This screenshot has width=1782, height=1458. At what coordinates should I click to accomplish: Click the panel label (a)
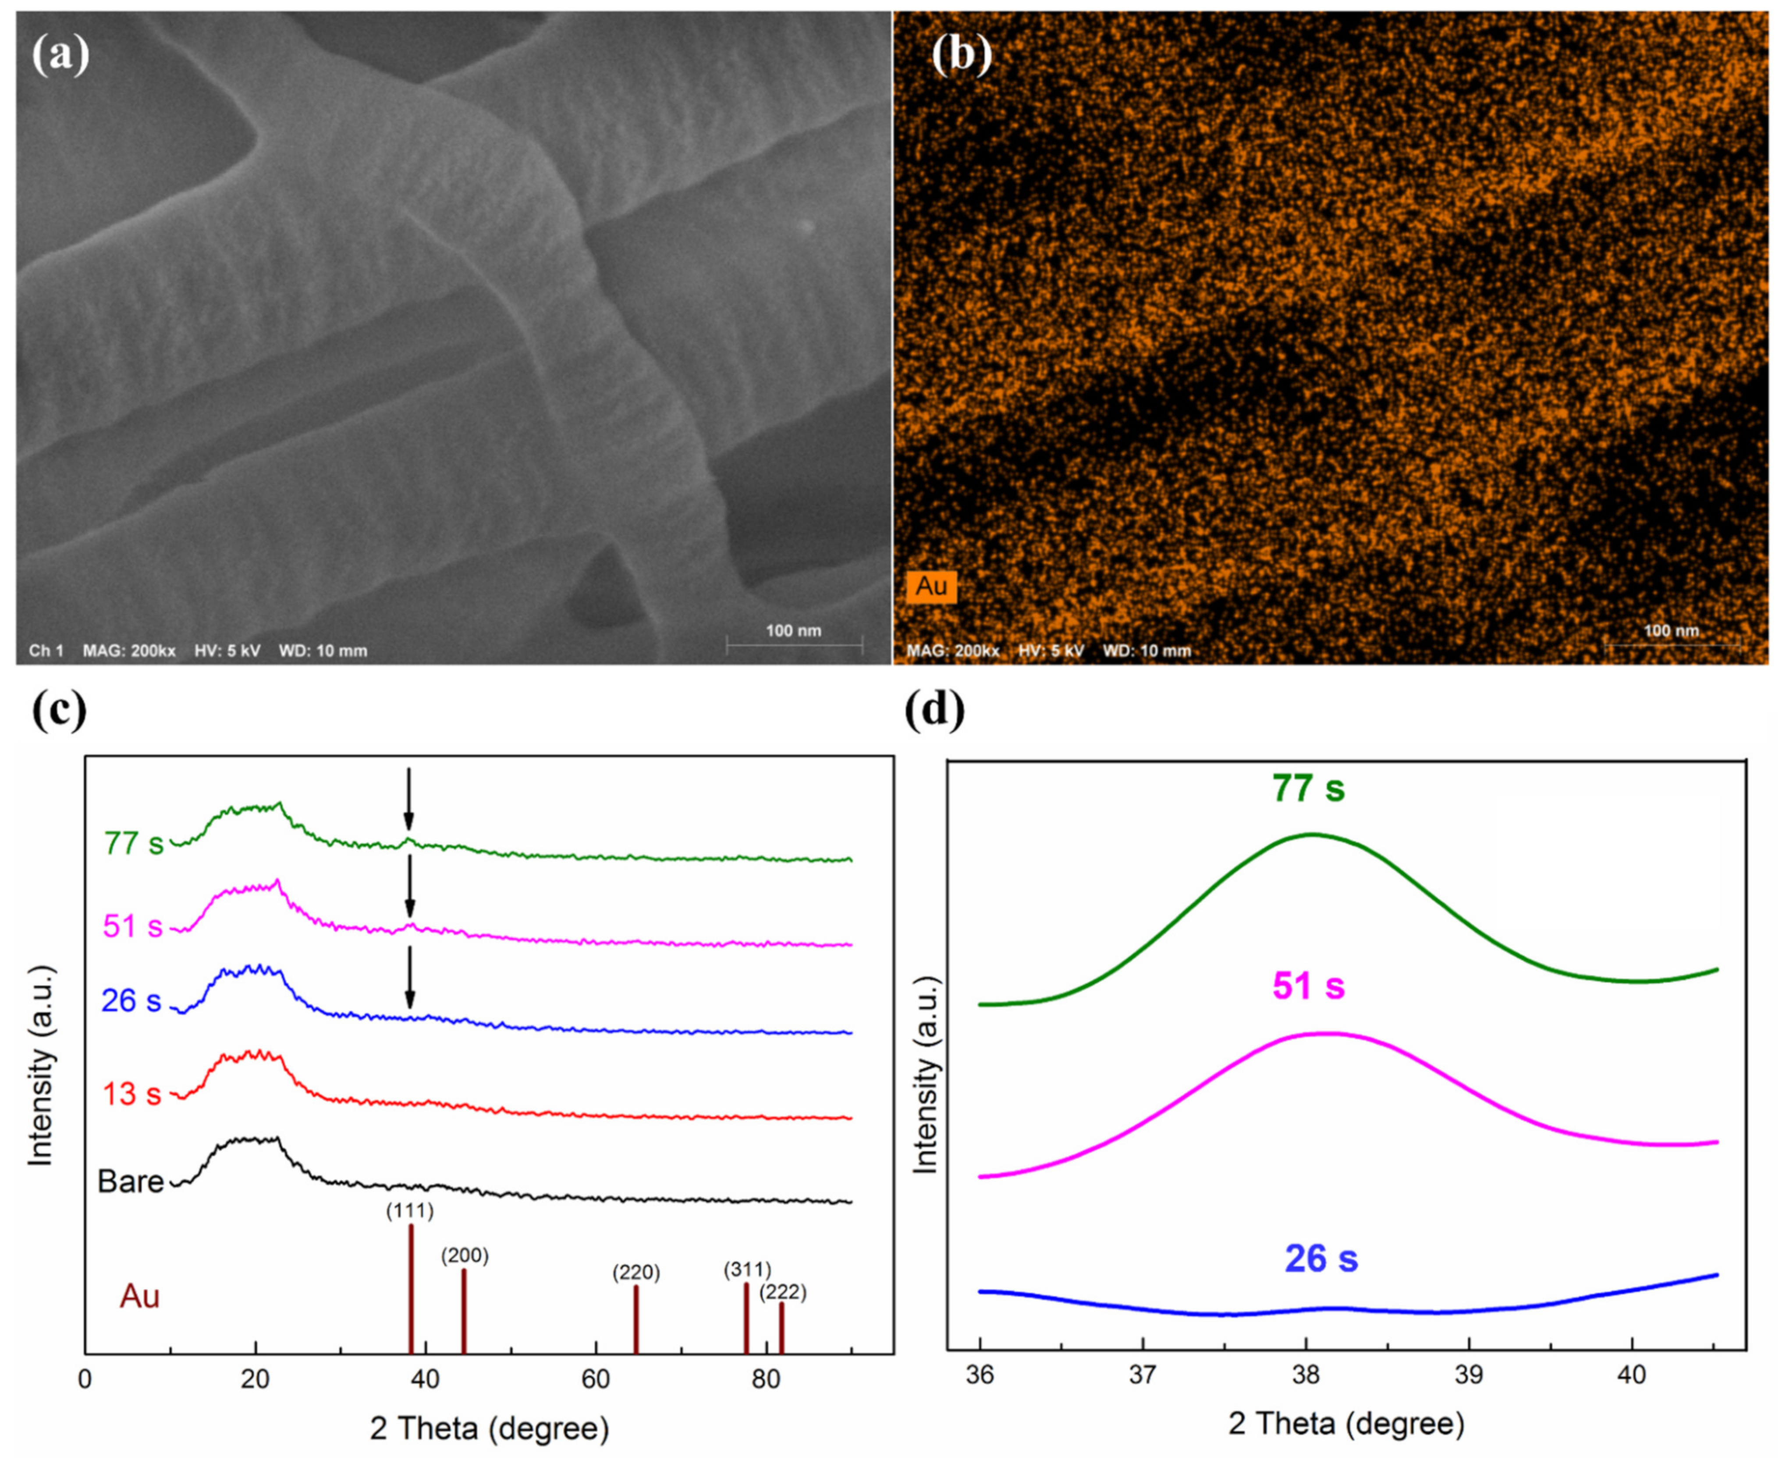[x=60, y=55]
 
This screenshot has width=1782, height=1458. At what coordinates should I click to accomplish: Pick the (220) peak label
[x=636, y=1273]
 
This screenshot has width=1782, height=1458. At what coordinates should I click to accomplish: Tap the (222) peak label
[x=783, y=1292]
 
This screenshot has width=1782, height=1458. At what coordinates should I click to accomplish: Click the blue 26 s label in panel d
[x=1321, y=1258]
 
